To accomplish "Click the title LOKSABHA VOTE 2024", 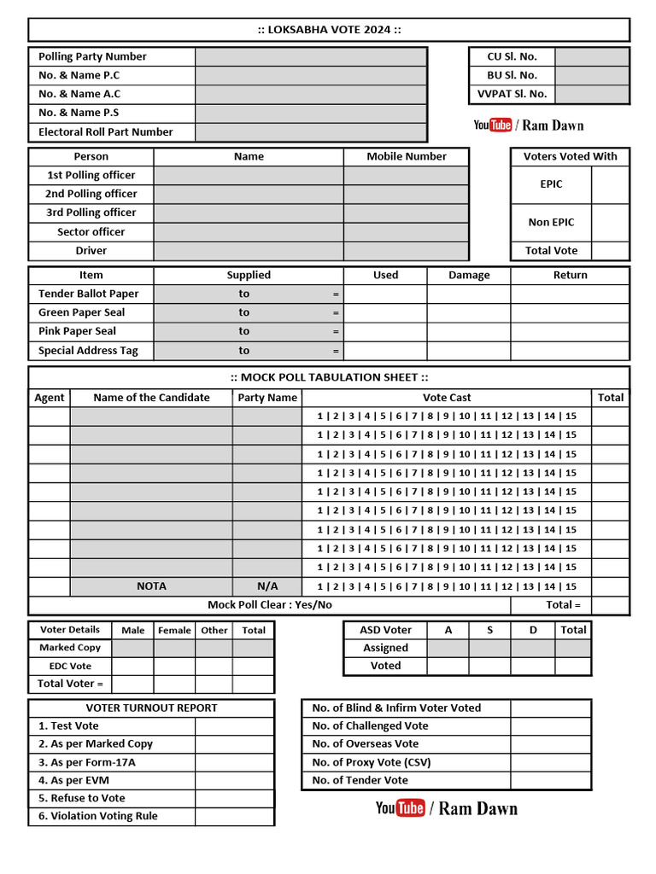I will (329, 30).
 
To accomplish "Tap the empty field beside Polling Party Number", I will (310, 56).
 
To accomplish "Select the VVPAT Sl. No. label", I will (512, 94).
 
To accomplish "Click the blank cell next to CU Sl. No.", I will (591, 56).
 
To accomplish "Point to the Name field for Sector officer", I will (249, 232).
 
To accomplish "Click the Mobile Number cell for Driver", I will (406, 251).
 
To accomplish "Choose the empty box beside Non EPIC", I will (610, 222).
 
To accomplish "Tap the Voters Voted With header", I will (570, 156).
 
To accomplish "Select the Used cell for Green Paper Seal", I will (385, 312).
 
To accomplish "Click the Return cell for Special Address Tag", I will (570, 350).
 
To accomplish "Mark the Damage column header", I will (469, 275).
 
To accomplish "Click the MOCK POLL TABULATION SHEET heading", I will (329, 377).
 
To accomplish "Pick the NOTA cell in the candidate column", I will (151, 586).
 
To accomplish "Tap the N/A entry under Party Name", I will (267, 586).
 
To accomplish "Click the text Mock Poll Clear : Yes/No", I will (270, 605).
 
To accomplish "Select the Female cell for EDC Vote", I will (174, 666).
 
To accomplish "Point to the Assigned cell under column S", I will (489, 648).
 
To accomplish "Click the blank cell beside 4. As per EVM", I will (234, 780).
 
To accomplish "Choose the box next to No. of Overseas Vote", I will (550, 744).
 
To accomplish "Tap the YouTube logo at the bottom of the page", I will (400, 808).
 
